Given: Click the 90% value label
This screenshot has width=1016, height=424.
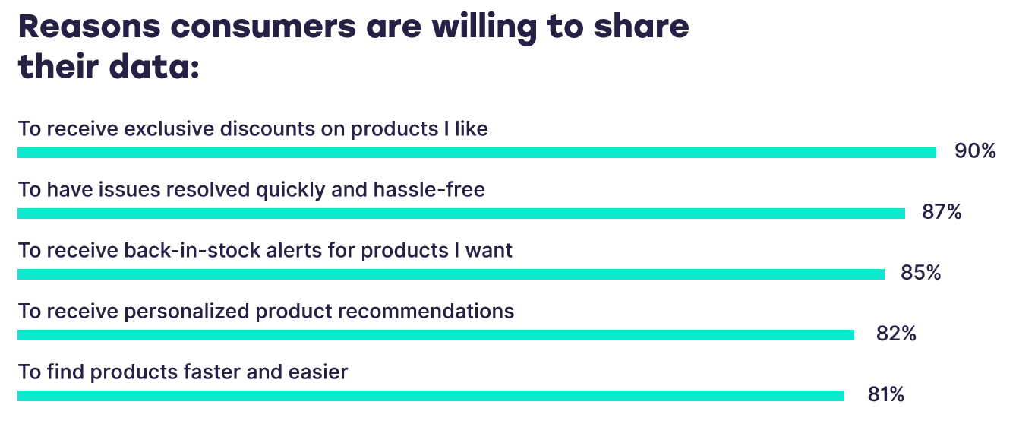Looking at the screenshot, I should click(975, 151).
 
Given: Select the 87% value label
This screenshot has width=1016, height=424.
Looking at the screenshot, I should click(942, 212).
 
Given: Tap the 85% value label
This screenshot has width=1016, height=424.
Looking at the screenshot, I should click(920, 273).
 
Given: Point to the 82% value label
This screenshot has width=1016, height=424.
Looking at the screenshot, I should click(896, 334).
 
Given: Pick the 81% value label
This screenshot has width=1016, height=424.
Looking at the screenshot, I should click(885, 394).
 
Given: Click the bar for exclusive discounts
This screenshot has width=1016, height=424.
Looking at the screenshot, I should click(477, 153).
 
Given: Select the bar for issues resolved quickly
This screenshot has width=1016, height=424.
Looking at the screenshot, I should click(461, 214).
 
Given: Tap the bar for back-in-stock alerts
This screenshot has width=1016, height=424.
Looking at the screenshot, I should click(451, 274).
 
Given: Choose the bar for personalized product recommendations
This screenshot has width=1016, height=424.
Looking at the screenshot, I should click(436, 335).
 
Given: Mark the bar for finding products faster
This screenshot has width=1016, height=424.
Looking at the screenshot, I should click(431, 396).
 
